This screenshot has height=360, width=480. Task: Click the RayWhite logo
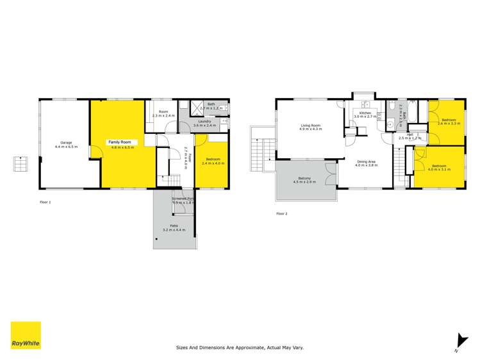[x=26, y=336]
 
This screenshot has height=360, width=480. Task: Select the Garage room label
[x=66, y=142]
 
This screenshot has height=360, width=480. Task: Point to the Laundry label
[x=204, y=121]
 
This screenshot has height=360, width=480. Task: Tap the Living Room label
[x=311, y=125]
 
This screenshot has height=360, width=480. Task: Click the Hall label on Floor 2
[x=409, y=135]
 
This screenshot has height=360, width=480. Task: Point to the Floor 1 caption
[x=45, y=202]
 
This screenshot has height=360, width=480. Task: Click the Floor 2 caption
[x=282, y=213]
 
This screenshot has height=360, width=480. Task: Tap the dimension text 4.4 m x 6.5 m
[x=66, y=147]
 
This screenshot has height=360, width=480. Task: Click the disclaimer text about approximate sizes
[x=240, y=348]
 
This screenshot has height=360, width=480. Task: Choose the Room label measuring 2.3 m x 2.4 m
[x=163, y=112]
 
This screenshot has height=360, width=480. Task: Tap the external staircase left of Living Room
[x=261, y=152]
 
